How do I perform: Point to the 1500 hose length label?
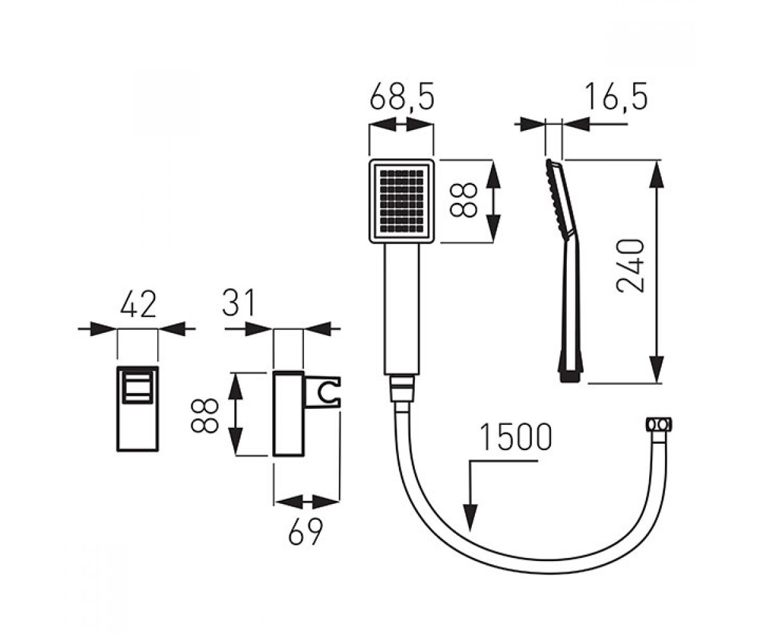pos(516,437)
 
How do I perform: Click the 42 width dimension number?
pos(138,304)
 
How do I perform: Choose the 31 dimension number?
pos(238,303)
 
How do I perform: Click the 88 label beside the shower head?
pos(463,200)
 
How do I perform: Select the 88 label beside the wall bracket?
pos(205,416)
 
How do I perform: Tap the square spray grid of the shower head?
pos(402,201)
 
